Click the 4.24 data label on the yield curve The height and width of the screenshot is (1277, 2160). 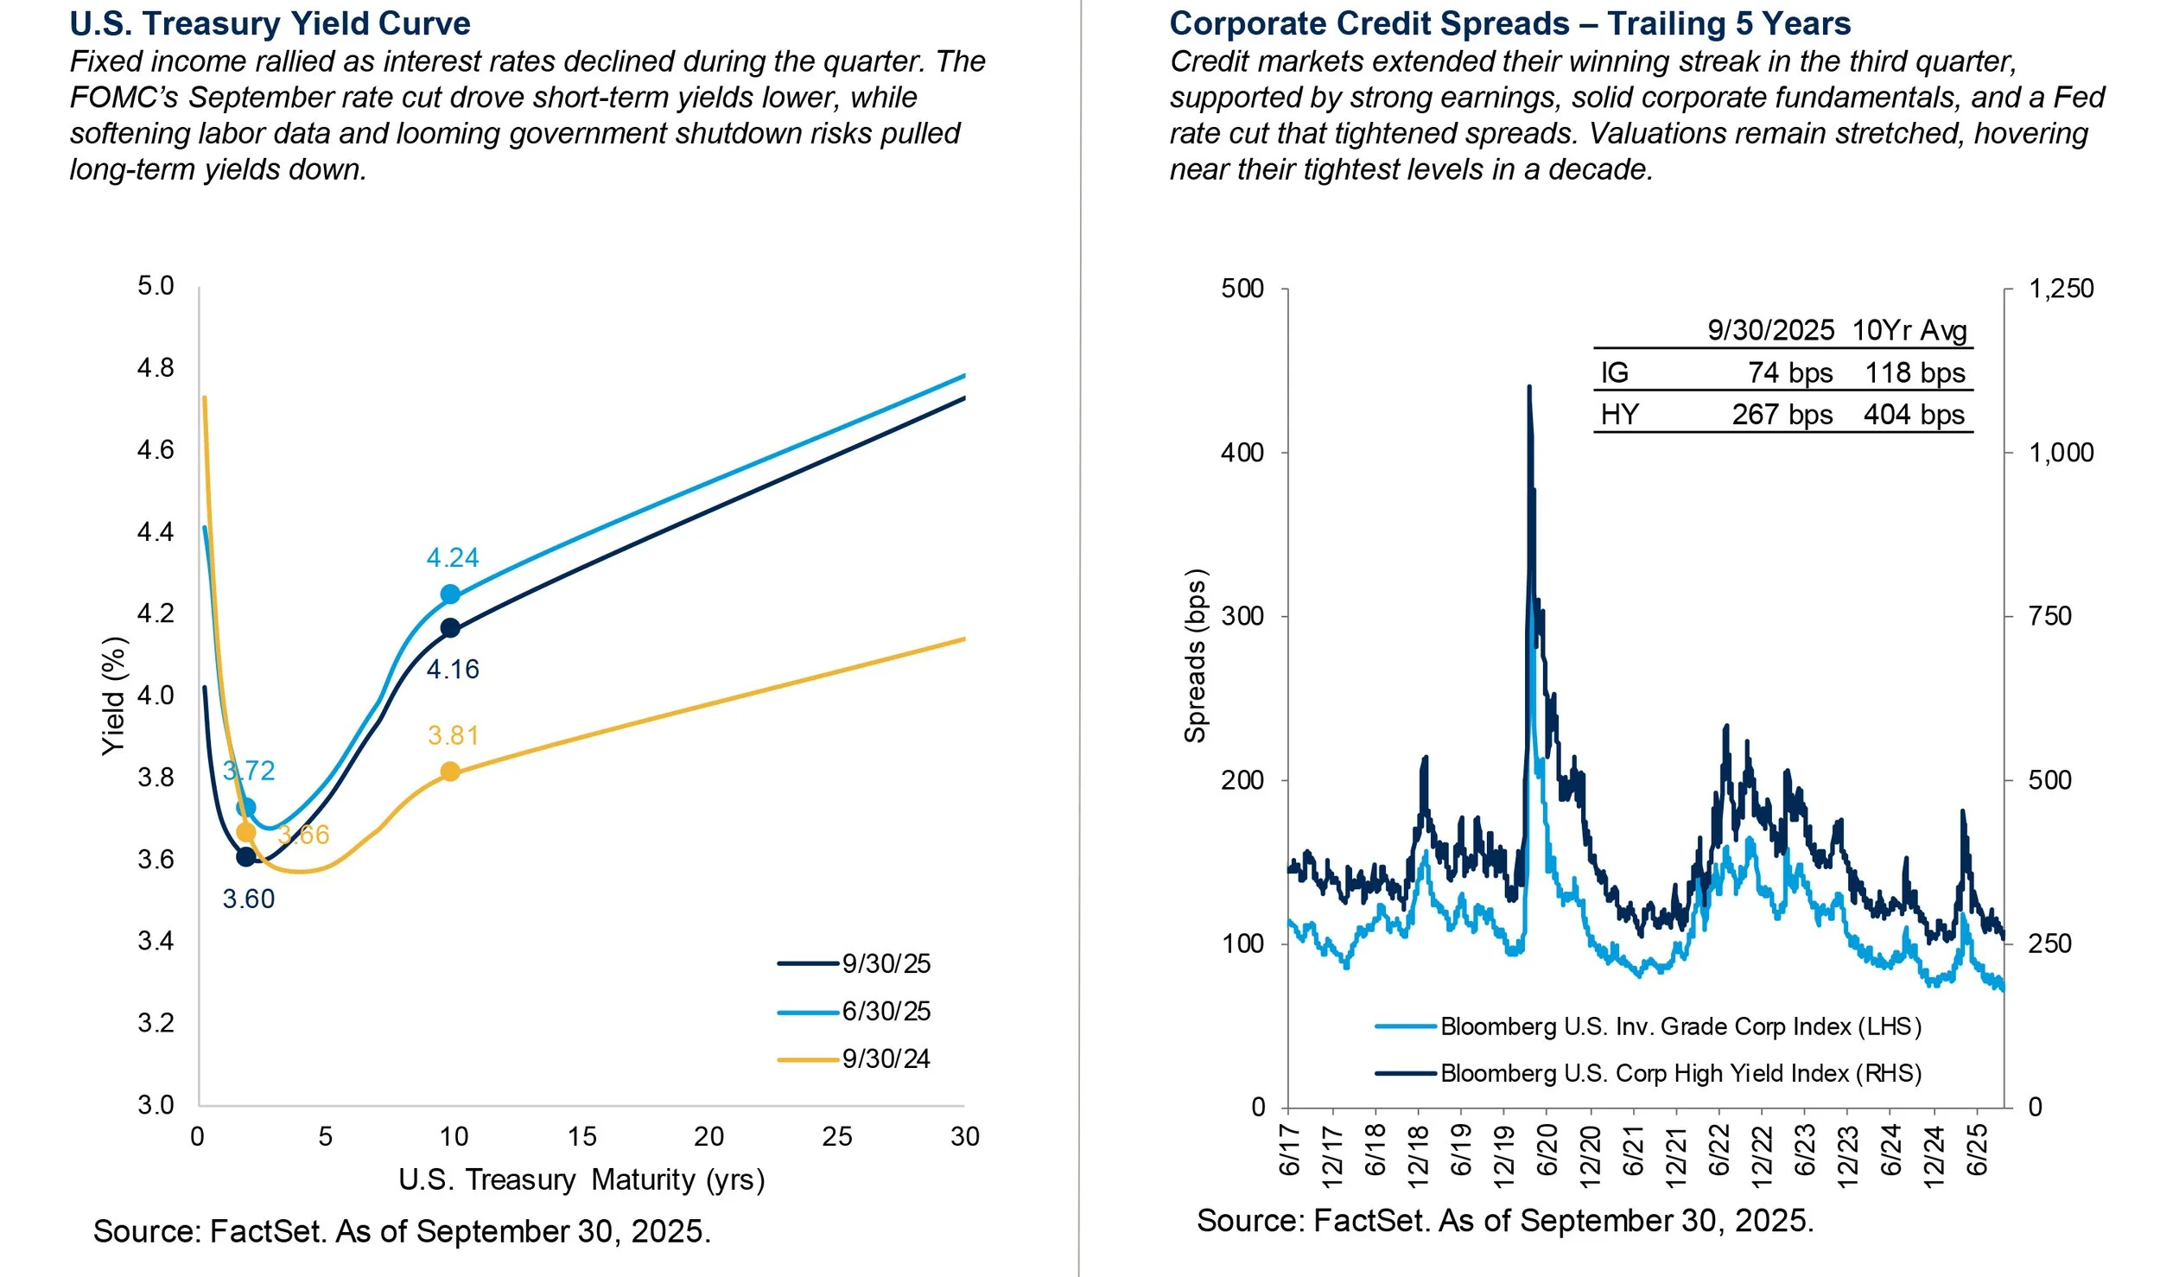[452, 558]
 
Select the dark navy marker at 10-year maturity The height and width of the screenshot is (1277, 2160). [450, 628]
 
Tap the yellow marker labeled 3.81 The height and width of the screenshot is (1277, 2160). [450, 772]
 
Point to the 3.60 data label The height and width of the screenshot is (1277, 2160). [249, 899]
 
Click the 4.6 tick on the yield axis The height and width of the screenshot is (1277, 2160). [156, 450]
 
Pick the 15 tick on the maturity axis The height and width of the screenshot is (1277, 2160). [581, 1137]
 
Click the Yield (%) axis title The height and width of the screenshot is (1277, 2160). [114, 696]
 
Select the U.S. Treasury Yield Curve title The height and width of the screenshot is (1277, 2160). [270, 23]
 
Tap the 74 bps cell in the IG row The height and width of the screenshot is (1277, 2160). [1789, 373]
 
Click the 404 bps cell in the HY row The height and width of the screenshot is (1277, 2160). [1914, 415]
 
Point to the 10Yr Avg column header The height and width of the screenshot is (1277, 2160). [1909, 331]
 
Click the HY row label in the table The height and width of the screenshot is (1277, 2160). [1619, 415]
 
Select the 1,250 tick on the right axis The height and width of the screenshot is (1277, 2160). [2061, 289]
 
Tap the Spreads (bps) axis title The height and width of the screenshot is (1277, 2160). [1194, 657]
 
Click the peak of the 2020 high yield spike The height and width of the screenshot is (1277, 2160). [1529, 388]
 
